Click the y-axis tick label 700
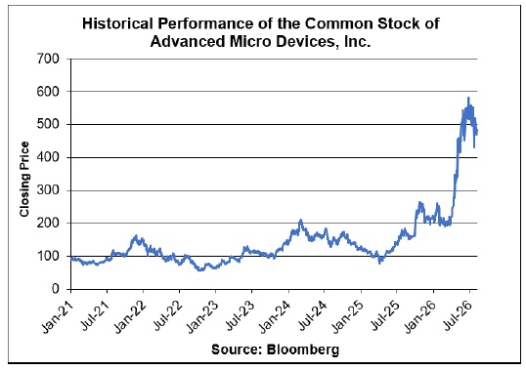click(48, 59)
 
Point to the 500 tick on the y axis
click(48, 124)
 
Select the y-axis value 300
click(48, 190)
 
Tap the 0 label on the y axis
click(56, 289)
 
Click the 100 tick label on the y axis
click(48, 256)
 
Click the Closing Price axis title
click(24, 179)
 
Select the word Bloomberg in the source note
click(303, 349)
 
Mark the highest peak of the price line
click(468, 98)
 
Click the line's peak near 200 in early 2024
click(300, 220)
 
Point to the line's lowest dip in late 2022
click(200, 269)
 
